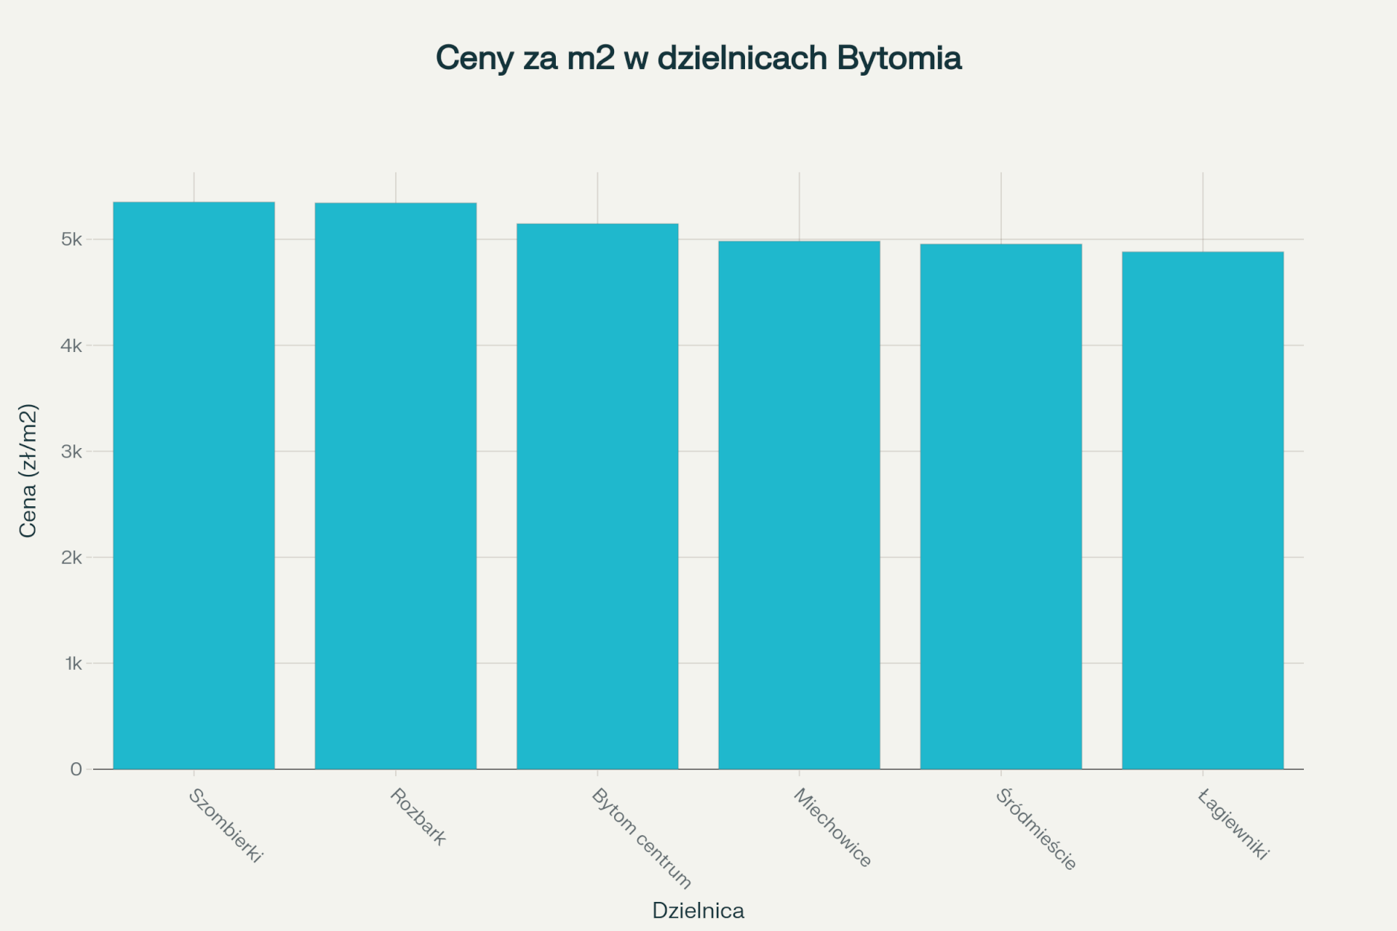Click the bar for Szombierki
(x=194, y=485)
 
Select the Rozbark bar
(x=396, y=485)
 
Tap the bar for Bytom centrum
(x=597, y=496)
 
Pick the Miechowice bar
(x=799, y=505)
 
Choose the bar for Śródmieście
(x=1001, y=506)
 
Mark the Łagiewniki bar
(x=1203, y=510)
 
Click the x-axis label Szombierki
(x=225, y=826)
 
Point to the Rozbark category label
(x=418, y=817)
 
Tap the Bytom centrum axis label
(x=641, y=838)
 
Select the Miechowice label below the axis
(x=832, y=828)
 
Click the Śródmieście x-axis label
(x=1035, y=829)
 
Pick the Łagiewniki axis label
(x=1233, y=825)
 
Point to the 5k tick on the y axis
(x=71, y=239)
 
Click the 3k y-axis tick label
(x=71, y=452)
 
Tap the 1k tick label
(x=73, y=663)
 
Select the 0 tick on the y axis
(x=76, y=770)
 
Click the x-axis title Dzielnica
(x=698, y=911)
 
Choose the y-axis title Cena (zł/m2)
(x=28, y=471)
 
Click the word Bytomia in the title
(x=899, y=58)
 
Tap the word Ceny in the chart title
(x=474, y=58)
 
